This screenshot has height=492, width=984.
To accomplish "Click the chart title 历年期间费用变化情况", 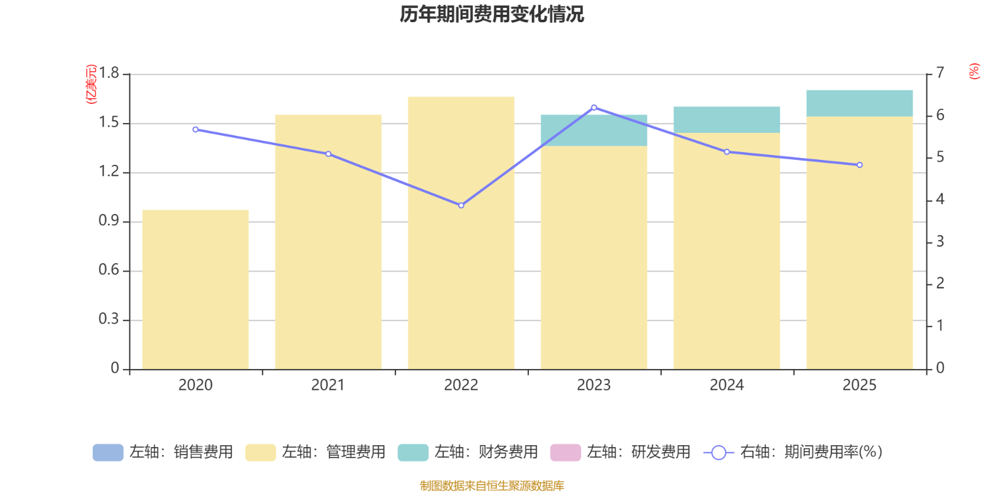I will click(491, 14).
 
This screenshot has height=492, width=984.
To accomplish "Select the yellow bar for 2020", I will click(196, 289).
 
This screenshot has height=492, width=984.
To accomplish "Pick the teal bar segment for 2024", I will click(727, 119).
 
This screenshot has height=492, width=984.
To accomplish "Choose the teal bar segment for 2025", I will click(860, 103).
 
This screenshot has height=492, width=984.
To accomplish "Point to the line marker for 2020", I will click(196, 130).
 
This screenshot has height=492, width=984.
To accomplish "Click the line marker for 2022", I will click(461, 205).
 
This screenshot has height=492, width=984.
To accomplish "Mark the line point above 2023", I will click(594, 108).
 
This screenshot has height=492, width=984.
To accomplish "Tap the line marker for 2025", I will click(860, 165).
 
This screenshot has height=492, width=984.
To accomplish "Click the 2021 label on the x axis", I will click(328, 386).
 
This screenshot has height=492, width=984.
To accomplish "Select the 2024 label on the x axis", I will click(726, 386).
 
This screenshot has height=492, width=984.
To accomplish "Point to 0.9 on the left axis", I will click(108, 221).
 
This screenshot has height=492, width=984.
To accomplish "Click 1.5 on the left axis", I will click(108, 123).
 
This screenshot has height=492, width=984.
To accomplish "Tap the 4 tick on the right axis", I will click(940, 199).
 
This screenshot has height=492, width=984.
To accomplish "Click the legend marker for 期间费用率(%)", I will click(718, 453).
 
